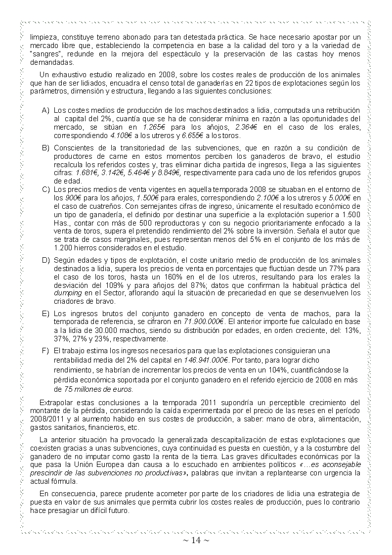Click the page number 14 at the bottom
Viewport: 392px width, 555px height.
[x=196, y=541]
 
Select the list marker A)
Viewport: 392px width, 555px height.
[x=45, y=110]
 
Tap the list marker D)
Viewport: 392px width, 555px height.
[x=45, y=260]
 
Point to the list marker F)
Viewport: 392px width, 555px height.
[x=45, y=351]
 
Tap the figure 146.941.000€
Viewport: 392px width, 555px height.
[x=206, y=360]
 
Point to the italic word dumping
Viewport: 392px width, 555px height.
[x=64, y=293]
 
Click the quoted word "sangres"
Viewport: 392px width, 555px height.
[x=43, y=53]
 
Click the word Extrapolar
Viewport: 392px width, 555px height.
[x=56, y=403]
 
